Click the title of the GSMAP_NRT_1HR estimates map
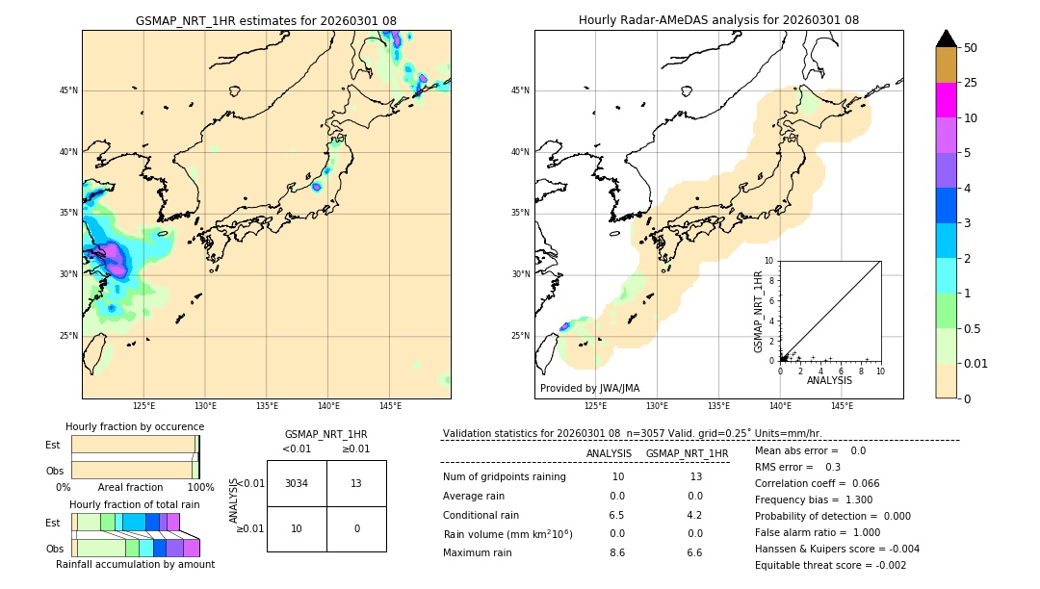(x=266, y=20)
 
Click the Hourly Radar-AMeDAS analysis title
(x=718, y=20)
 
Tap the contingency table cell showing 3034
(x=297, y=483)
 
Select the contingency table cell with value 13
(x=356, y=483)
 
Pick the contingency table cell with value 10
(x=297, y=528)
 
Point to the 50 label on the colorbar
(x=971, y=47)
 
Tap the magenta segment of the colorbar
(x=946, y=100)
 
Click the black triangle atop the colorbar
(x=946, y=38)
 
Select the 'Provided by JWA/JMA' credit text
(x=589, y=389)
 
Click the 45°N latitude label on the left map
(x=68, y=90)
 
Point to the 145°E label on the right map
(x=842, y=406)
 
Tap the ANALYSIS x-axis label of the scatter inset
(x=829, y=380)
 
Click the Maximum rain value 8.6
(x=616, y=552)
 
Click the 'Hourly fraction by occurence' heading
(x=135, y=426)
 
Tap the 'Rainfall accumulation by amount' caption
(x=135, y=564)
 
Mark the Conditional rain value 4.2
(x=694, y=514)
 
